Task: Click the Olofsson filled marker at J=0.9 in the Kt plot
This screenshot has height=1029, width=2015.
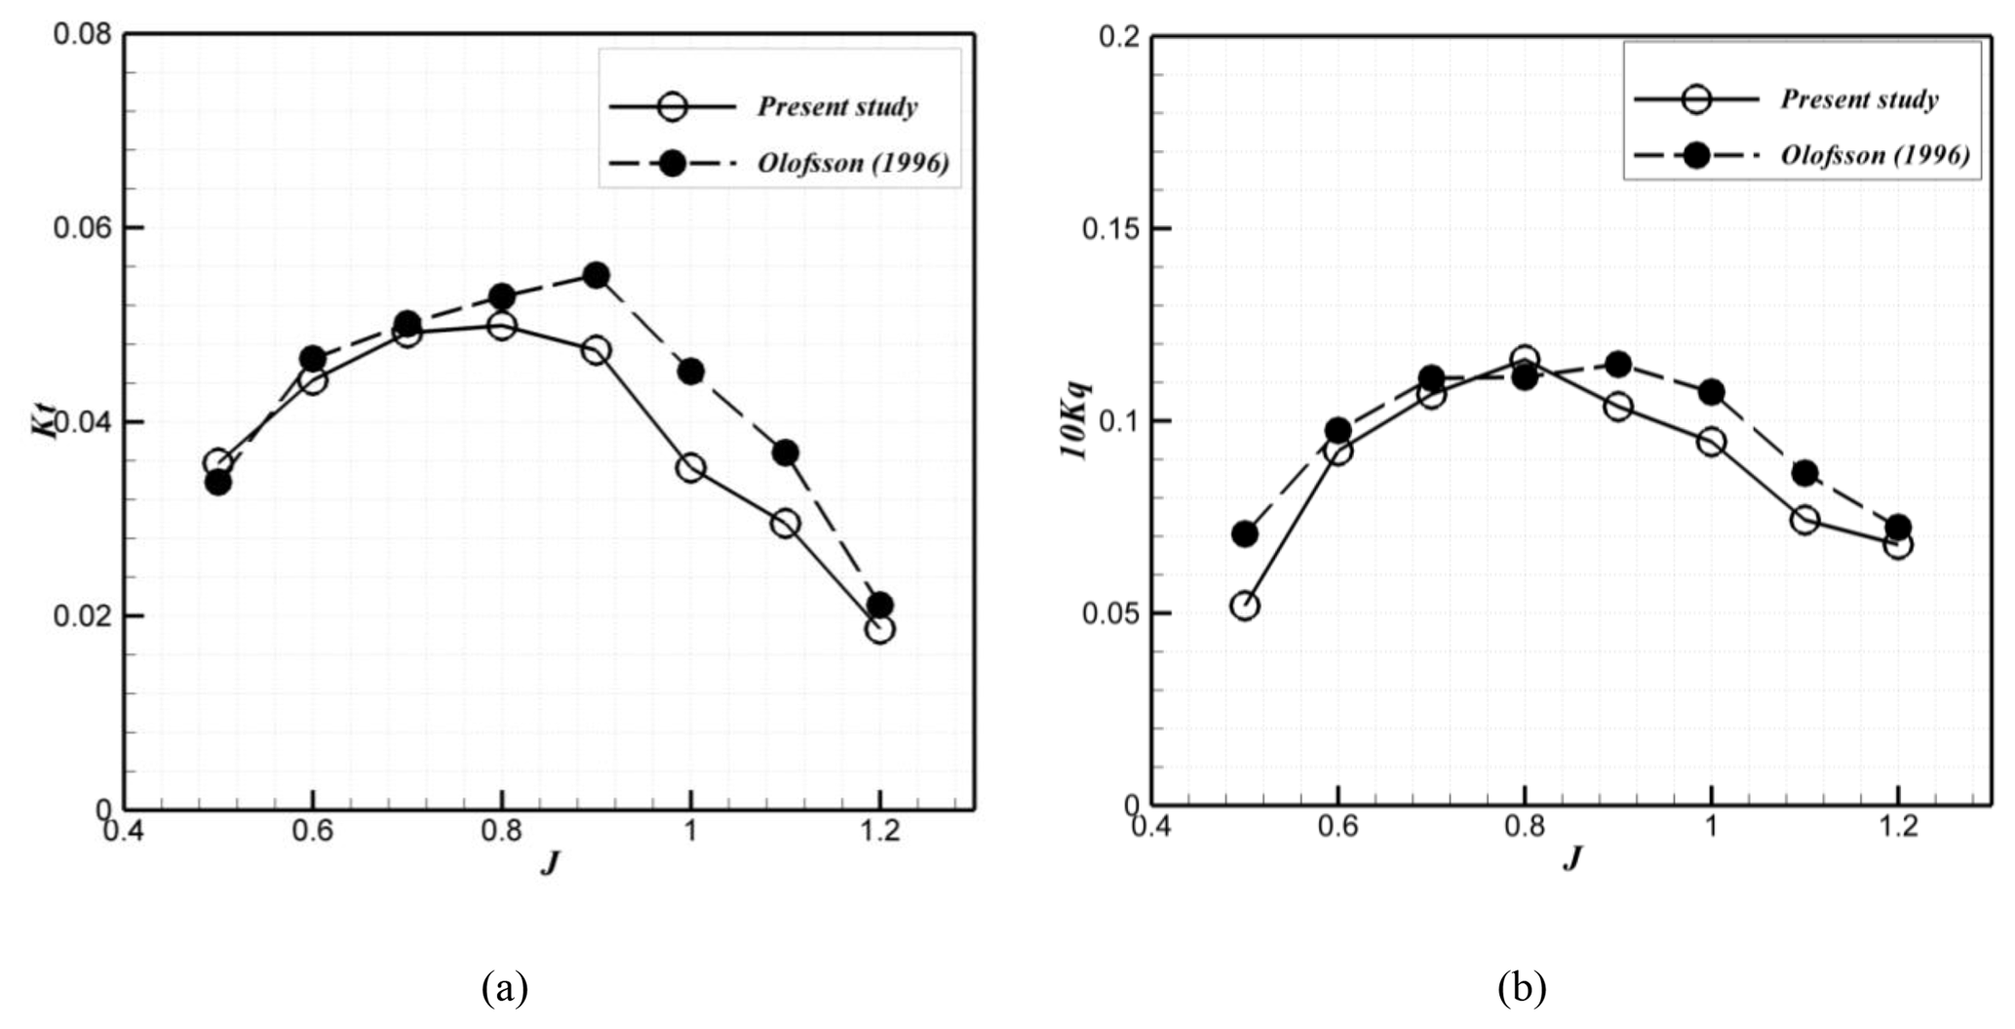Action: click(x=596, y=275)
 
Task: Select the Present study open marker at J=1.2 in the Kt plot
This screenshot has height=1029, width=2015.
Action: click(x=879, y=629)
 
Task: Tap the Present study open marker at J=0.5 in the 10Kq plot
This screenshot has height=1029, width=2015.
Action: click(x=1245, y=606)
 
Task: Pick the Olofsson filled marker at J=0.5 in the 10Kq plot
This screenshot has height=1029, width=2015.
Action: click(x=1245, y=534)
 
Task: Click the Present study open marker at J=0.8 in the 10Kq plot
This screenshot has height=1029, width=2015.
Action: click(x=1525, y=360)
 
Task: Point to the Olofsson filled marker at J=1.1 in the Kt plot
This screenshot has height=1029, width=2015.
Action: click(x=786, y=453)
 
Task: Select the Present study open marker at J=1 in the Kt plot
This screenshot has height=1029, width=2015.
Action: click(x=691, y=468)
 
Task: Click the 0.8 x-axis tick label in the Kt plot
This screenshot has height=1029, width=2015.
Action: click(x=501, y=831)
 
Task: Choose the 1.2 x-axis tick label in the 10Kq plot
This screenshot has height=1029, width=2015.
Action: click(x=1897, y=827)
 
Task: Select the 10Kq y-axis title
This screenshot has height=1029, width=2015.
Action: click(x=1079, y=421)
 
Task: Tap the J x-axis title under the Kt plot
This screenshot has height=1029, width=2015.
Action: click(x=550, y=863)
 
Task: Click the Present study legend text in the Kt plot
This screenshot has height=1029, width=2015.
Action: click(x=837, y=106)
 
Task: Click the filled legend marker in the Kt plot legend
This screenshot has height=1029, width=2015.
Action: click(x=672, y=164)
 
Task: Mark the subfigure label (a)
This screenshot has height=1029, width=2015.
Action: click(x=505, y=988)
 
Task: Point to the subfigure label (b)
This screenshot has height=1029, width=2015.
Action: click(x=1522, y=988)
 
